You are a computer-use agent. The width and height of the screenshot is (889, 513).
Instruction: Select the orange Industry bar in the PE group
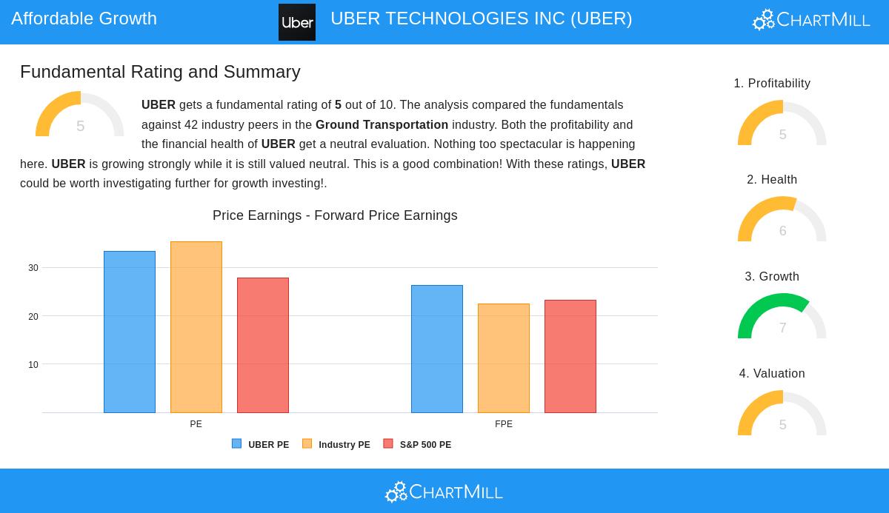point(196,327)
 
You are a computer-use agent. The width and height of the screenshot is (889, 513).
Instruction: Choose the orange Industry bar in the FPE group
point(504,358)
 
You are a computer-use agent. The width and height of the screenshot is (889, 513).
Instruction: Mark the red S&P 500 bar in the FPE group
point(570,356)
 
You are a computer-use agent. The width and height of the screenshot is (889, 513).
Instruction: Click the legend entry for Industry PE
point(336,445)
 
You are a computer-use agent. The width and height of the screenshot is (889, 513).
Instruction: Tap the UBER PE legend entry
point(261,445)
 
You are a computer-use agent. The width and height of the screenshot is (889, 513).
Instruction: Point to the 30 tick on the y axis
point(33,268)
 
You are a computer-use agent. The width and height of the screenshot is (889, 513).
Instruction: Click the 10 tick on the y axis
point(33,365)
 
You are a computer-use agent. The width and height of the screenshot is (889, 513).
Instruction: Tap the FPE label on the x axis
point(504,424)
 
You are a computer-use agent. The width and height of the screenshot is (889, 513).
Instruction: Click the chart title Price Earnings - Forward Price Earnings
point(335,215)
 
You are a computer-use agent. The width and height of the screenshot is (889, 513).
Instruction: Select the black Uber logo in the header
point(297,22)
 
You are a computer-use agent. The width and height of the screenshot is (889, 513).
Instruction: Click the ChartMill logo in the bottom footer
point(444,492)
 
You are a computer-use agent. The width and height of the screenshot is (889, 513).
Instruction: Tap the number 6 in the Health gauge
point(782,231)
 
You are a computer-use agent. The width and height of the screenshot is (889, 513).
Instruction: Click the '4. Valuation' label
point(772,373)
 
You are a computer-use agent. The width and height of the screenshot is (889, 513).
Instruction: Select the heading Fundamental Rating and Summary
point(160,72)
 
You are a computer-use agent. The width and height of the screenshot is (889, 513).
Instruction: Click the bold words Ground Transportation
point(382,124)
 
